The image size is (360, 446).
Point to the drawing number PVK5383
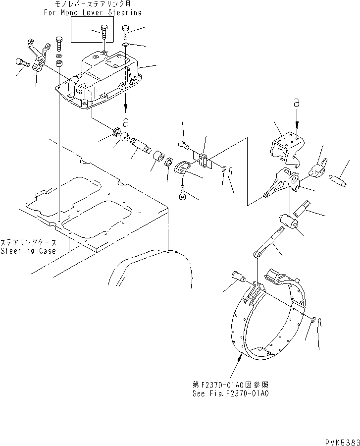coord(339,441)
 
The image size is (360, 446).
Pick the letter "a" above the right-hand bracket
coord(296,103)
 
